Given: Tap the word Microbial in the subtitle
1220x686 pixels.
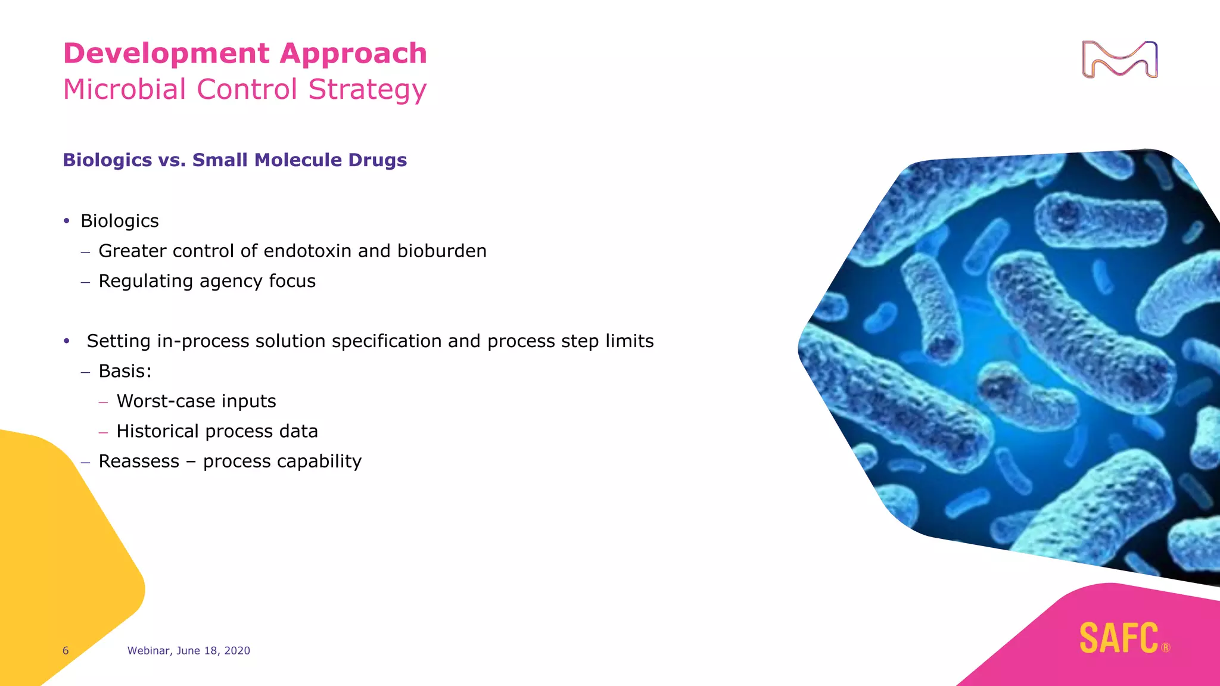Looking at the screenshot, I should pyautogui.click(x=125, y=89).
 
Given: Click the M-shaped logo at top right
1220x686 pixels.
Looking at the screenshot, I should pyautogui.click(x=1119, y=60).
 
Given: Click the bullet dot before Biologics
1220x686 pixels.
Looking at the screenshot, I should pyautogui.click(x=67, y=221).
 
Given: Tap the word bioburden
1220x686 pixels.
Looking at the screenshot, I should pyautogui.click(x=441, y=251).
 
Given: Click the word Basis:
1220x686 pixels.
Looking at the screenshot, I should pyautogui.click(x=125, y=371).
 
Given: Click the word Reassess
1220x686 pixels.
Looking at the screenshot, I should pyautogui.click(x=139, y=462).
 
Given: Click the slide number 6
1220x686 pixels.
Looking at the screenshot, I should pyautogui.click(x=66, y=651).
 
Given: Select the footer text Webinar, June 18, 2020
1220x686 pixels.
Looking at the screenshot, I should pyautogui.click(x=188, y=651).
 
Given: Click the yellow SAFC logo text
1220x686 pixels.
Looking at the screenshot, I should pyautogui.click(x=1119, y=638).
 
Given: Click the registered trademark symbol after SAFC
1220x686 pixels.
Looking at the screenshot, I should pyautogui.click(x=1166, y=648).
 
